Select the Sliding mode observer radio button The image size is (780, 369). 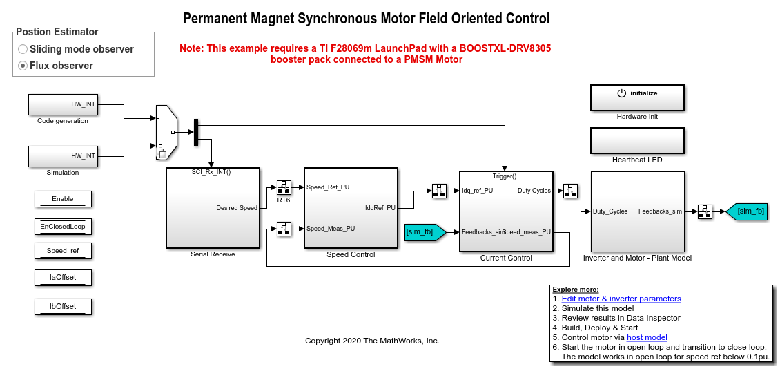coord(23,49)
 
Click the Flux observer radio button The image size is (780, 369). coord(23,66)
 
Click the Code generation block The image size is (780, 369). coord(63,104)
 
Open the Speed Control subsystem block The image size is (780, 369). coord(351,207)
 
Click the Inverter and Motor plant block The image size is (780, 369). coord(637,211)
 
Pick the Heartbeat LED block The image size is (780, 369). coord(637,140)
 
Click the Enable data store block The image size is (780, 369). coord(63,199)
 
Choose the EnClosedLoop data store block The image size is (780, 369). coord(63,226)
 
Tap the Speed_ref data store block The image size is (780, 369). coord(63,251)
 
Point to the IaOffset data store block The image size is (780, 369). coord(63,278)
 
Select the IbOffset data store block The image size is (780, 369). coord(63,306)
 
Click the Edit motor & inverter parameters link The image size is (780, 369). coord(621,299)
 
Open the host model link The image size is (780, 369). coord(647,337)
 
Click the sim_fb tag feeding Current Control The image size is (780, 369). coord(420,232)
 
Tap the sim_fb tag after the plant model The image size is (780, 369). coord(748,211)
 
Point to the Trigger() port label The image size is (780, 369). coord(505,176)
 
